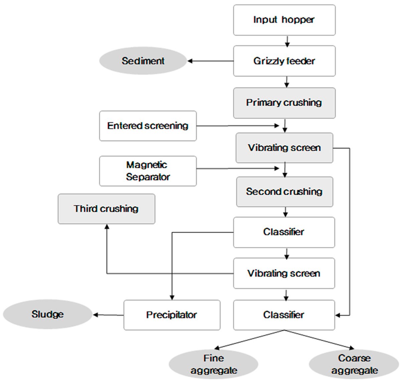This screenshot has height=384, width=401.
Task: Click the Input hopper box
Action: click(x=284, y=20)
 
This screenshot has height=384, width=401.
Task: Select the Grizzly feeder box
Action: click(x=284, y=61)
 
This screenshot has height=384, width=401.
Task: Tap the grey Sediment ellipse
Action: click(x=143, y=61)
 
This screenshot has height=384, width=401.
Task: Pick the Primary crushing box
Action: click(x=284, y=103)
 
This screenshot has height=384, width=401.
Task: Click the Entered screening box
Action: click(x=148, y=126)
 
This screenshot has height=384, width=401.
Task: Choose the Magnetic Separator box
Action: click(x=148, y=171)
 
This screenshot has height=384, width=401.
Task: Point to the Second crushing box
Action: click(x=284, y=192)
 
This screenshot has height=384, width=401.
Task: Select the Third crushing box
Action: click(x=106, y=209)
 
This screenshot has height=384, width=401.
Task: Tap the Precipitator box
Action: click(x=172, y=315)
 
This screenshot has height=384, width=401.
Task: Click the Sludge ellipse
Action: click(x=47, y=314)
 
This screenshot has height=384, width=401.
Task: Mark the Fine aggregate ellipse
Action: click(x=214, y=365)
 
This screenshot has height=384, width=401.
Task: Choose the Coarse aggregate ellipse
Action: click(x=354, y=365)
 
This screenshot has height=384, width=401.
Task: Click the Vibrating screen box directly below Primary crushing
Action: click(x=284, y=148)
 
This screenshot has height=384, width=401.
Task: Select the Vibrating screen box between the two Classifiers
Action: click(x=284, y=273)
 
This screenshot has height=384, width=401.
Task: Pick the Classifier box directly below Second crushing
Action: click(x=284, y=232)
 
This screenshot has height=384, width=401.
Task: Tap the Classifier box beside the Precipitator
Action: click(x=284, y=315)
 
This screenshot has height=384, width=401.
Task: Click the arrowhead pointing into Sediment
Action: click(x=190, y=61)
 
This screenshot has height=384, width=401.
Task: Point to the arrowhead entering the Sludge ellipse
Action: click(x=96, y=315)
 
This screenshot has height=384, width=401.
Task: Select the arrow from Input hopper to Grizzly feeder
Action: click(x=287, y=41)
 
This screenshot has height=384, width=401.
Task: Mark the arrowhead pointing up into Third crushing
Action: click(x=107, y=227)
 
